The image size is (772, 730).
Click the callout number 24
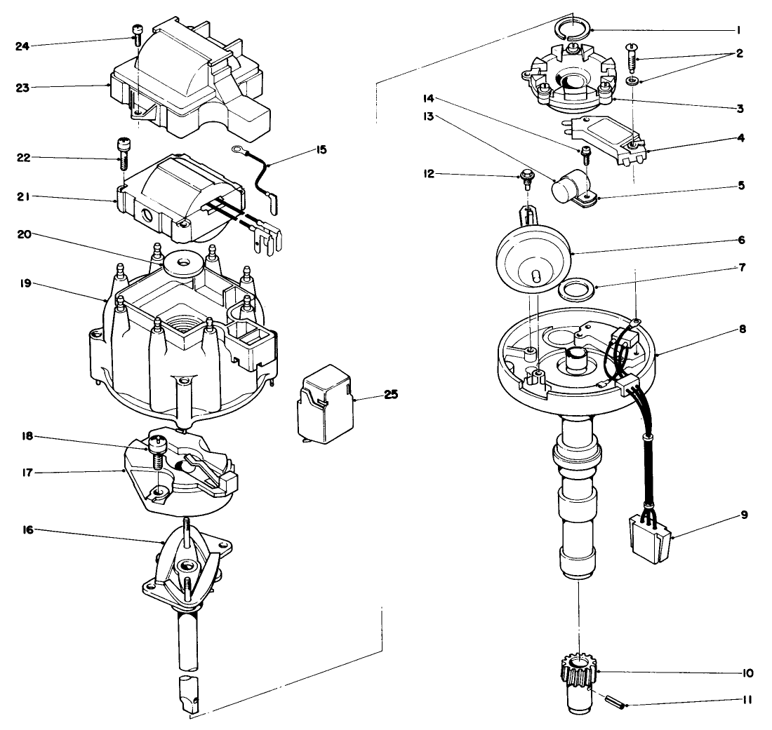(x=23, y=47)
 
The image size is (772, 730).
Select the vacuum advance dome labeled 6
(x=533, y=256)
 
